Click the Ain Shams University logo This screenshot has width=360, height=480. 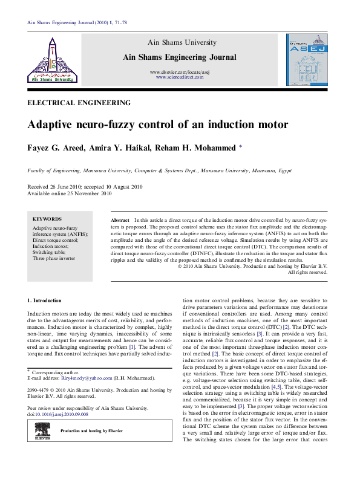click(x=52, y=59)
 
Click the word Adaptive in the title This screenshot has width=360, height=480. click(x=54, y=126)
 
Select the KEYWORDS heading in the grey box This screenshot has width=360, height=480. click(x=47, y=219)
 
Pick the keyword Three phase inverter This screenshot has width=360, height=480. click(x=55, y=258)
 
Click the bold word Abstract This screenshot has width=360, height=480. click(x=120, y=220)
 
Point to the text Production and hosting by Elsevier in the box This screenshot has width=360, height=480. click(x=91, y=430)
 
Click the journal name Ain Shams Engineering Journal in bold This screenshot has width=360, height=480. click(x=179, y=57)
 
